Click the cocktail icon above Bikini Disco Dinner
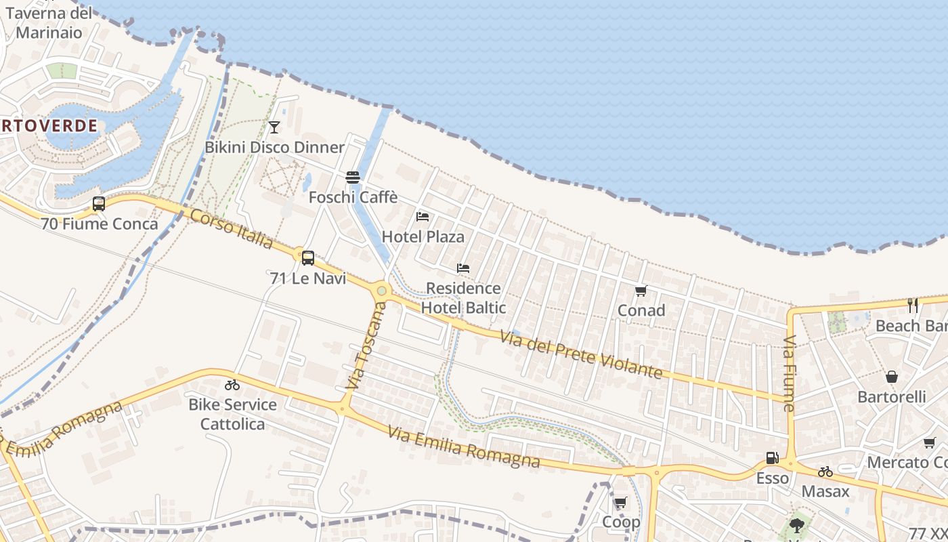point(274,127)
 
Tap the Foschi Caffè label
point(353,198)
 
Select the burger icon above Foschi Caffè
point(353,178)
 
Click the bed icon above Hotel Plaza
point(423,217)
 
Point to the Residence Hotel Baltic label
point(464,298)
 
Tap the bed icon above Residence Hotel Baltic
point(463,268)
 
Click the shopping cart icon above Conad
point(641,291)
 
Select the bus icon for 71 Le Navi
point(308,257)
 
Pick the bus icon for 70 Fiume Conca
point(99,203)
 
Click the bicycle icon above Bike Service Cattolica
point(232,385)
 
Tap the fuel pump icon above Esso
point(772,458)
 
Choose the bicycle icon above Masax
point(825,472)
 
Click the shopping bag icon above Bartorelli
point(892,377)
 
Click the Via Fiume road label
point(789,373)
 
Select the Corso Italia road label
point(232,228)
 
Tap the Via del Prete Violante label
point(581,354)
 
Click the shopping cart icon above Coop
point(620,503)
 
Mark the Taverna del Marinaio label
point(49,22)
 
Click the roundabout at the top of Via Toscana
point(382,291)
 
